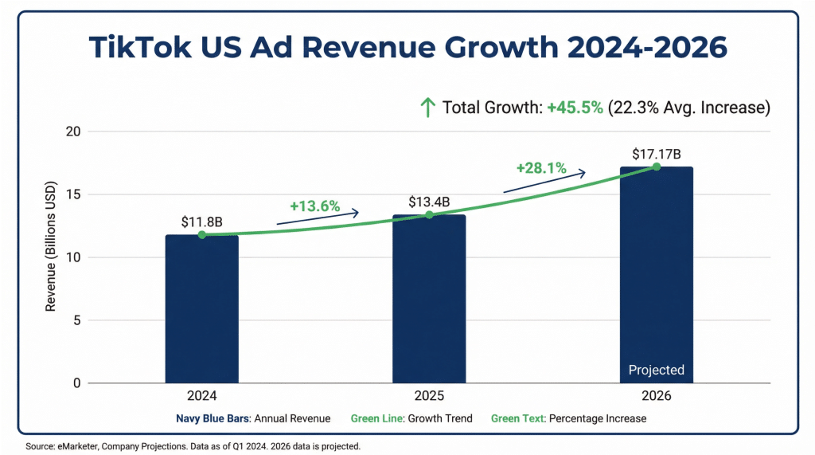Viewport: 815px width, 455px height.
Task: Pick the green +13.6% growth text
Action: tap(314, 206)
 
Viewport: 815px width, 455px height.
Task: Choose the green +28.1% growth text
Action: tap(541, 168)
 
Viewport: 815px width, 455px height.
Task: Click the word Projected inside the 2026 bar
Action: tap(656, 370)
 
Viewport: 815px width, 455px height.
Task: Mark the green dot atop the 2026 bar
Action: tap(657, 167)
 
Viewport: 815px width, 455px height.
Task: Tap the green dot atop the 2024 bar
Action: tap(202, 235)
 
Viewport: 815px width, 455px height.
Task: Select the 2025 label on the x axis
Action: tap(429, 396)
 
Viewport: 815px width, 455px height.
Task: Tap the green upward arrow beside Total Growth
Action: tap(427, 108)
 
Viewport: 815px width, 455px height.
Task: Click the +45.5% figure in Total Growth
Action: tap(575, 108)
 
